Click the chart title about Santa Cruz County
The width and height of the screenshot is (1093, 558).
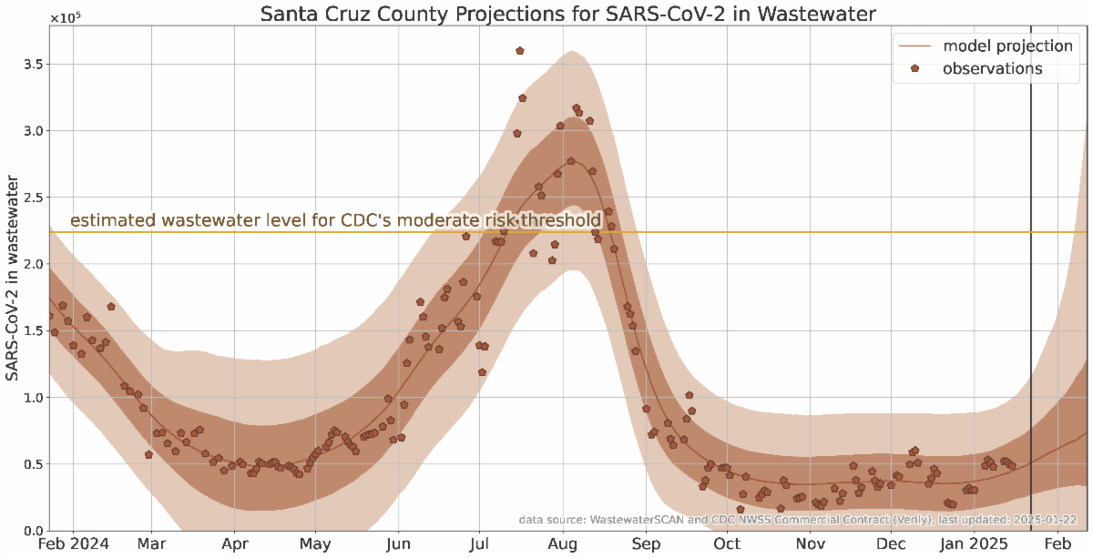click(566, 15)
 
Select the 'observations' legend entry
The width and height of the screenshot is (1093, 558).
click(993, 68)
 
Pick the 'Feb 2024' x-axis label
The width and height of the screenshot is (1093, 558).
click(73, 544)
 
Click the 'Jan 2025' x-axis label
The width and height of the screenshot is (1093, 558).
click(975, 544)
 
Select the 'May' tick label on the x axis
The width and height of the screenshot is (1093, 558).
click(315, 544)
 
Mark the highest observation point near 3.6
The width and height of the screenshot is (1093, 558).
click(520, 51)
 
